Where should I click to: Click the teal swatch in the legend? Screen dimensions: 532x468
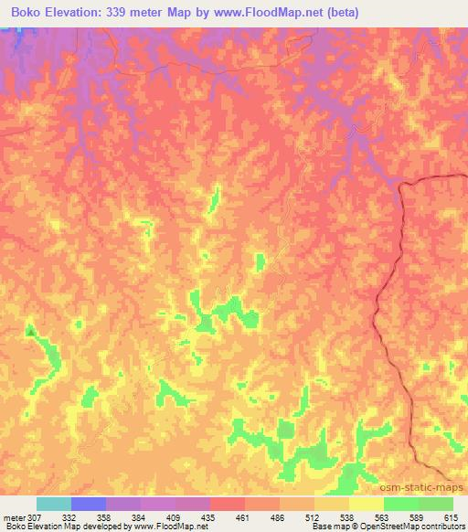[x=54, y=504]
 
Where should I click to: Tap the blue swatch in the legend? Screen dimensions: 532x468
[x=89, y=504]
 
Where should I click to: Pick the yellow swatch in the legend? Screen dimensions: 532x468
[x=366, y=504]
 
